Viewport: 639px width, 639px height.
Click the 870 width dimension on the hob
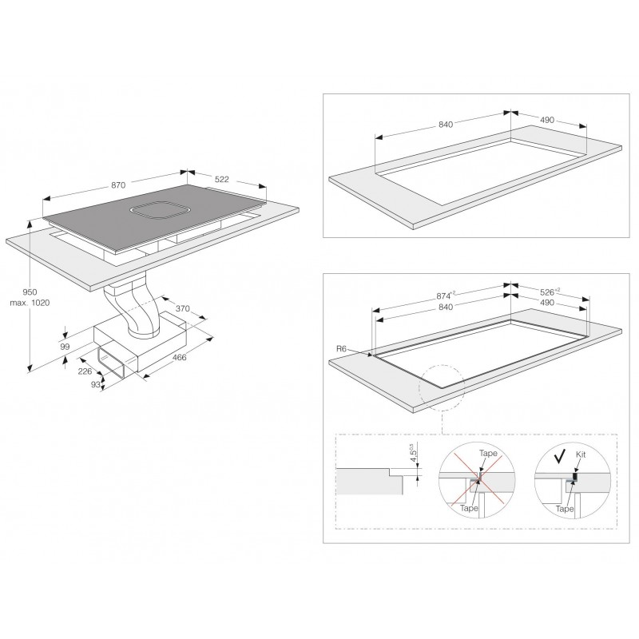(x=118, y=185)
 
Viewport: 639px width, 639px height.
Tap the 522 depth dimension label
(x=222, y=179)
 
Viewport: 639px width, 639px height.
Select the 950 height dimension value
(x=30, y=292)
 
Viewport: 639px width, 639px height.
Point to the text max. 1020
(x=30, y=303)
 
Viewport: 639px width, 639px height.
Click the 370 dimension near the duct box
(x=183, y=308)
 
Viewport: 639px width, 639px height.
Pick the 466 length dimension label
(x=179, y=357)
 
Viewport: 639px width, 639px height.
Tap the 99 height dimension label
(x=65, y=347)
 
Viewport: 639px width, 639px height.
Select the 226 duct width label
(x=85, y=371)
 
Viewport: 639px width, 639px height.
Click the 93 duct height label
(x=95, y=384)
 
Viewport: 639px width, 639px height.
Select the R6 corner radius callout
(x=341, y=349)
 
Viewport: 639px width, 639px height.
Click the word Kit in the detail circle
(x=581, y=454)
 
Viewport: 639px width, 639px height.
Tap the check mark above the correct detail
(x=561, y=455)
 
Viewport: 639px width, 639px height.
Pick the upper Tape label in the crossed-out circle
(x=488, y=453)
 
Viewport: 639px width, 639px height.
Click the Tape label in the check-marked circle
(x=565, y=509)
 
